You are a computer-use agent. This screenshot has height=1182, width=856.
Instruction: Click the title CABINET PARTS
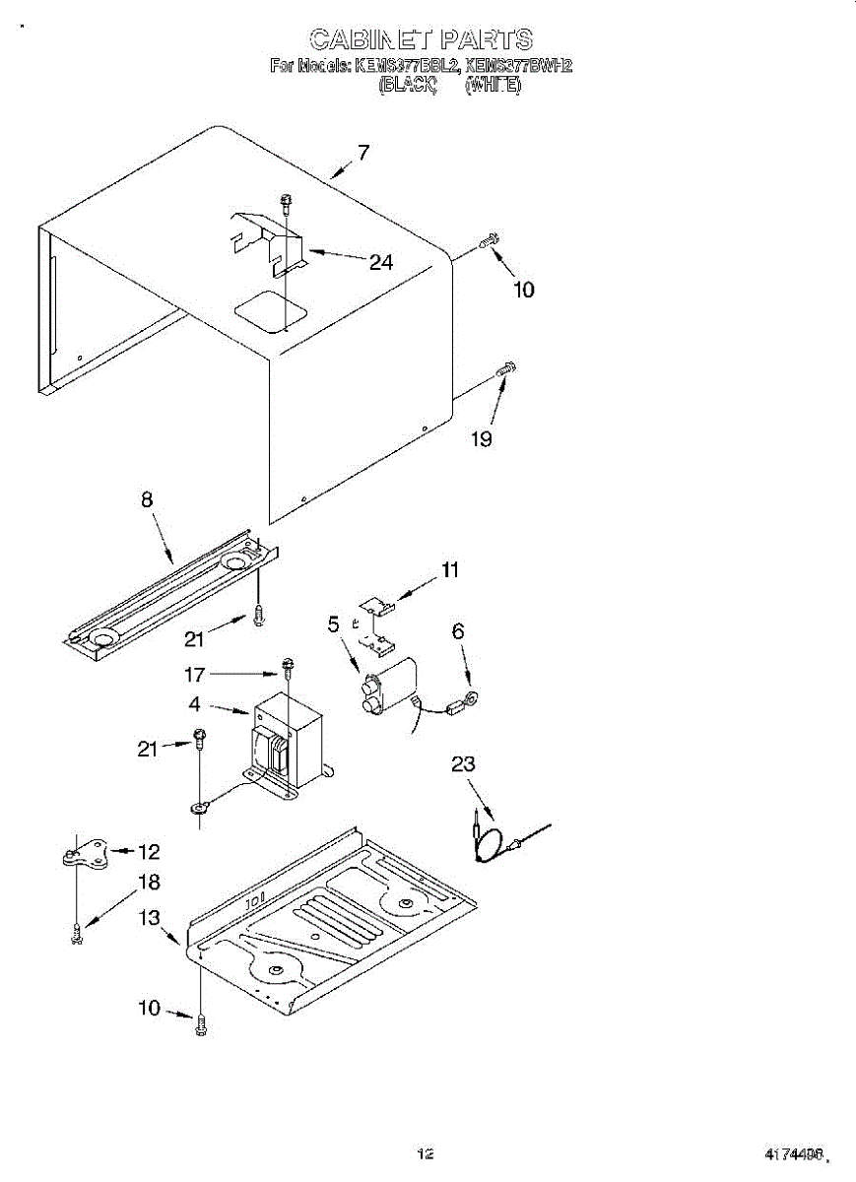click(421, 39)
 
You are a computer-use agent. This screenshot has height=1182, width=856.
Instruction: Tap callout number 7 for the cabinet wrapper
click(363, 153)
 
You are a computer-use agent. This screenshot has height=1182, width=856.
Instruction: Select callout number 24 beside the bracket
click(381, 262)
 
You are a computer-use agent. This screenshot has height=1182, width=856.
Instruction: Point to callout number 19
click(481, 439)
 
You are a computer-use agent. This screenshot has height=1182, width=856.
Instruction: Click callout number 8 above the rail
click(147, 499)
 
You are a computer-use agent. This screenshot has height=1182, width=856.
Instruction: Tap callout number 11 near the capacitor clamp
click(450, 569)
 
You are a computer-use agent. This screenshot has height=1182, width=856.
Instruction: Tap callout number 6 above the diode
click(458, 631)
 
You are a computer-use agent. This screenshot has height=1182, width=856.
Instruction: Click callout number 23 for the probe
click(463, 763)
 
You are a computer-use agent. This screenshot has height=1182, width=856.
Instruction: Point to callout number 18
click(149, 883)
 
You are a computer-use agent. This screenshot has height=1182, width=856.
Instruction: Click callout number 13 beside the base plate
click(149, 918)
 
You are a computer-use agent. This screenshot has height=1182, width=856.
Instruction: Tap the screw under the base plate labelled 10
click(202, 1024)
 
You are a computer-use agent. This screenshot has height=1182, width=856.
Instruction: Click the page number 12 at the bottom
click(426, 1153)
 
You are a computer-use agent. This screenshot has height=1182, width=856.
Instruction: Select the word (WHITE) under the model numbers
click(493, 85)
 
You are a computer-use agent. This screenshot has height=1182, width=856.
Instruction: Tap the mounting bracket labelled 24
click(271, 241)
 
